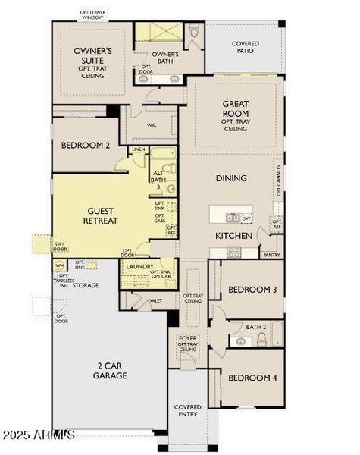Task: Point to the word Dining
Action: click(231, 178)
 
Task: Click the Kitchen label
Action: click(233, 236)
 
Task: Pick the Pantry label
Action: click(271, 256)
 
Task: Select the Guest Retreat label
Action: click(102, 215)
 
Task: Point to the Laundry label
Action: click(140, 267)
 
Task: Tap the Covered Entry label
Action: click(187, 410)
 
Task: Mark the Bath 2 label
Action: click(255, 327)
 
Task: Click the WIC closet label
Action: click(152, 125)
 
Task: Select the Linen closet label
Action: click(138, 150)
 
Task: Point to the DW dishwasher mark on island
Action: click(246, 219)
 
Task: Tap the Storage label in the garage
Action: click(85, 285)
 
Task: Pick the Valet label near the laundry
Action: click(155, 301)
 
